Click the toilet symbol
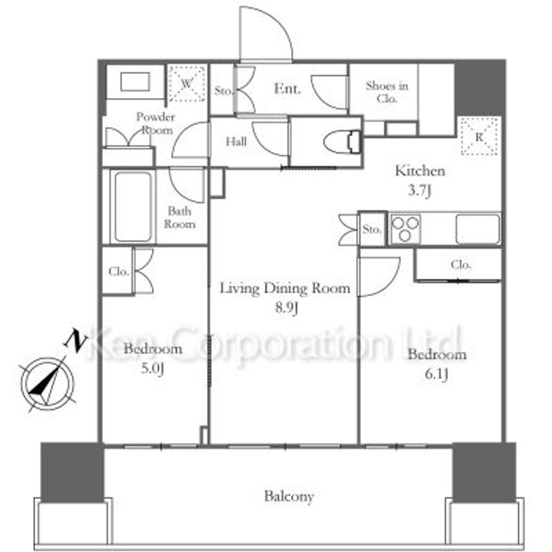point(342,143)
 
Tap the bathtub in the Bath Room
point(133,206)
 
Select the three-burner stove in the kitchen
point(406,228)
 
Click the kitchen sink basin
point(478,228)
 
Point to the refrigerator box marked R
point(479,136)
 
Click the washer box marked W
point(186,84)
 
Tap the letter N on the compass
point(75,340)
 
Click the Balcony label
point(289,496)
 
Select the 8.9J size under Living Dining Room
point(287,307)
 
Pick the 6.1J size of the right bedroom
point(436,374)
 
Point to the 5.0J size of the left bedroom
point(153,369)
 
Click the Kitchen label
point(420,171)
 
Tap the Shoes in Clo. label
point(387,92)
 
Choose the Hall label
point(236,142)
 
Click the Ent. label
point(287,88)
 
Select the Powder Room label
point(155,123)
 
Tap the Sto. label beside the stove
point(372,229)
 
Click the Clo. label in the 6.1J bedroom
point(461,264)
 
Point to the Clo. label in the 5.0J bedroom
point(119,271)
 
